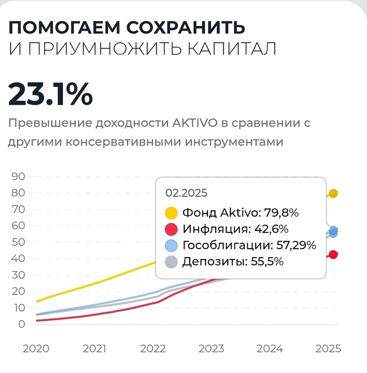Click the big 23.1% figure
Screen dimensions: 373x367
click(x=50, y=94)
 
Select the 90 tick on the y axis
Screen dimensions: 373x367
click(x=18, y=176)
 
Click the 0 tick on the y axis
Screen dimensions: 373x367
click(x=21, y=324)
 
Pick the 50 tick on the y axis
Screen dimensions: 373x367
click(x=18, y=242)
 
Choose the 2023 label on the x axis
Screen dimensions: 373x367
click(x=211, y=349)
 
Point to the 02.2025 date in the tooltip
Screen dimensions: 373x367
click(x=186, y=193)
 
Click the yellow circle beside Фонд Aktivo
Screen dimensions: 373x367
click(x=172, y=213)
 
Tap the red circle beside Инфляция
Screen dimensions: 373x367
click(x=172, y=229)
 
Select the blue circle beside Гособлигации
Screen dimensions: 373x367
click(x=172, y=245)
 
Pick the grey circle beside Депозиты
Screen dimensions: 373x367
click(x=172, y=262)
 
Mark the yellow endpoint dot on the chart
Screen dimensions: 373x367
click(x=333, y=194)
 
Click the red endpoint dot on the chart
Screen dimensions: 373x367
click(x=333, y=255)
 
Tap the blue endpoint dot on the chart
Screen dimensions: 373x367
click(x=333, y=230)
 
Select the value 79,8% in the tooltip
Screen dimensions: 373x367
click(x=281, y=213)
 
